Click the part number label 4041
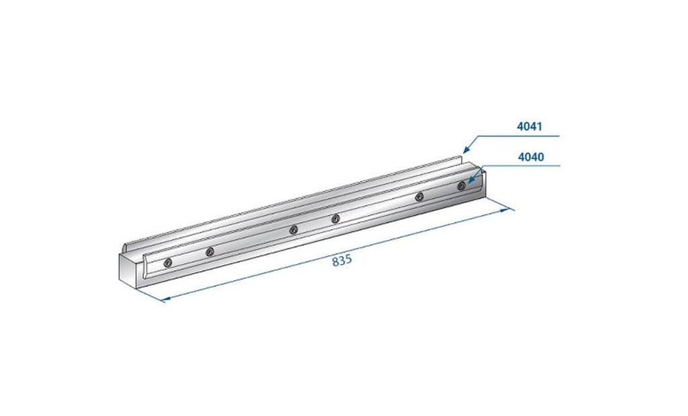click(x=529, y=126)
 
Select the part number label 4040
click(x=530, y=157)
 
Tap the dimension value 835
click(x=342, y=261)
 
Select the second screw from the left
click(x=210, y=251)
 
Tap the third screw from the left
click(x=293, y=231)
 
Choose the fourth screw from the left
click(x=335, y=218)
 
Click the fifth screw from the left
click(x=419, y=196)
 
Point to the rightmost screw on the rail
click(x=461, y=185)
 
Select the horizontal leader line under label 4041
click(x=517, y=136)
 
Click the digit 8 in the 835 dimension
click(x=335, y=261)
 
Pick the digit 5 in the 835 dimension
click(x=349, y=261)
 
